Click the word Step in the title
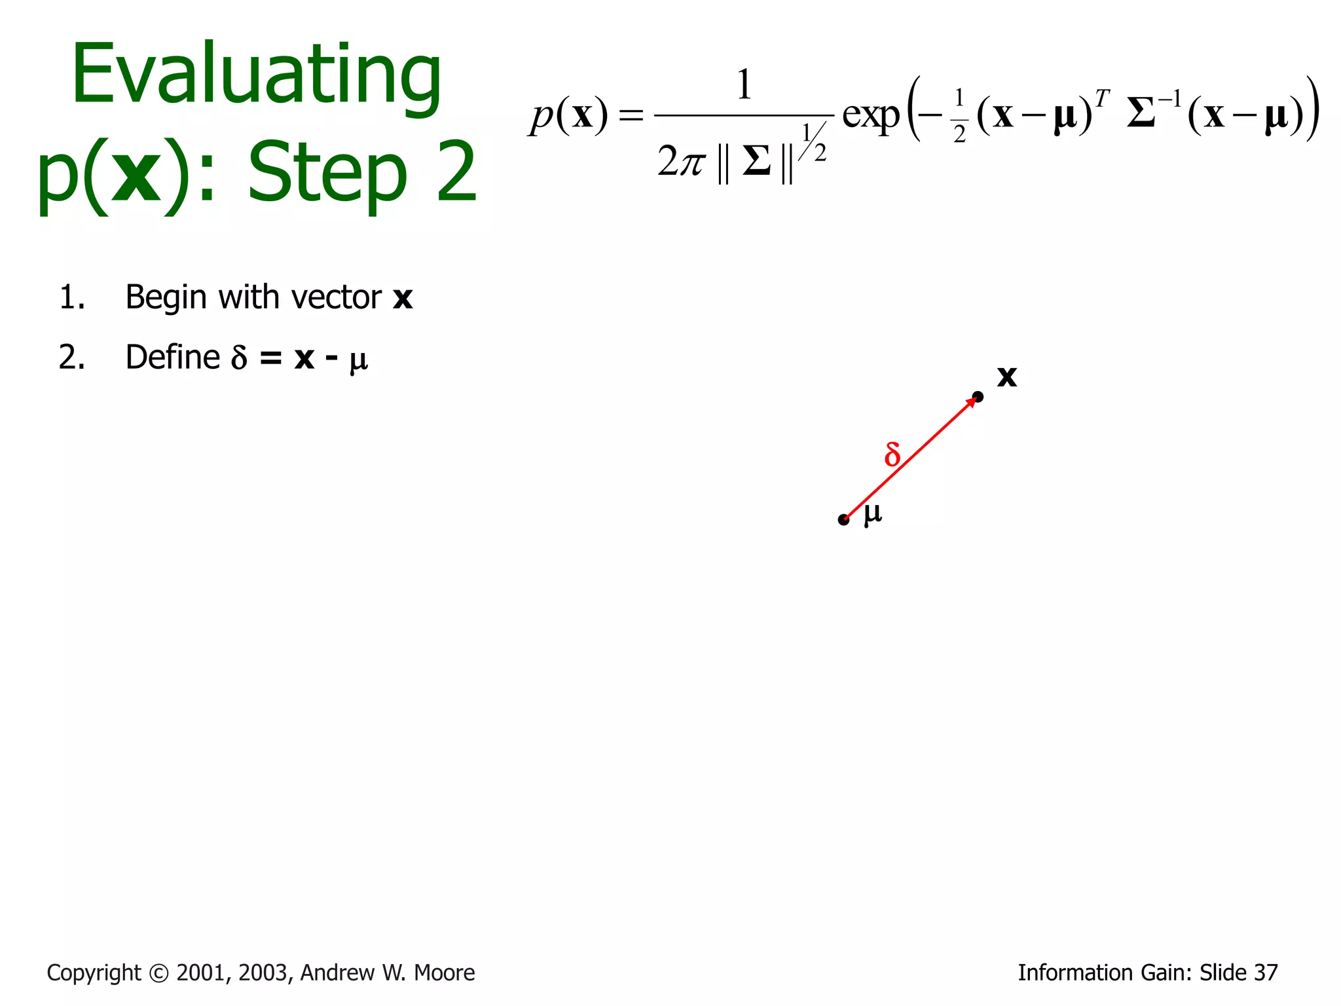pyautogui.click(x=327, y=174)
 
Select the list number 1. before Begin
pyautogui.click(x=72, y=298)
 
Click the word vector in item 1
pyautogui.click(x=336, y=298)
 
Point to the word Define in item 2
pyautogui.click(x=172, y=358)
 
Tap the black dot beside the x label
pyautogui.click(x=978, y=396)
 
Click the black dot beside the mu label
pyautogui.click(x=843, y=520)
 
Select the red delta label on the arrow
pyautogui.click(x=892, y=454)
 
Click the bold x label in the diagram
pyautogui.click(x=1006, y=377)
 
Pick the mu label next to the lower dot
pyautogui.click(x=873, y=514)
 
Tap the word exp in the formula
pyautogui.click(x=871, y=117)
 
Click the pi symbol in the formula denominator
pyautogui.click(x=691, y=162)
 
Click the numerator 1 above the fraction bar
pyautogui.click(x=743, y=85)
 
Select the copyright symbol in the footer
pyautogui.click(x=158, y=973)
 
